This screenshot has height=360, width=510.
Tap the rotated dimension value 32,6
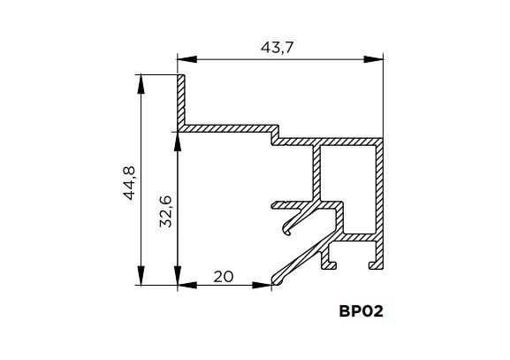click(x=165, y=211)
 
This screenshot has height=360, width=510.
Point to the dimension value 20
click(x=224, y=275)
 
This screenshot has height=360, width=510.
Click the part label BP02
click(x=361, y=311)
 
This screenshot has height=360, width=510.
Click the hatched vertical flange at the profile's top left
click(x=181, y=102)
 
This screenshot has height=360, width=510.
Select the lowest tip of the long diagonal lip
click(x=275, y=282)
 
